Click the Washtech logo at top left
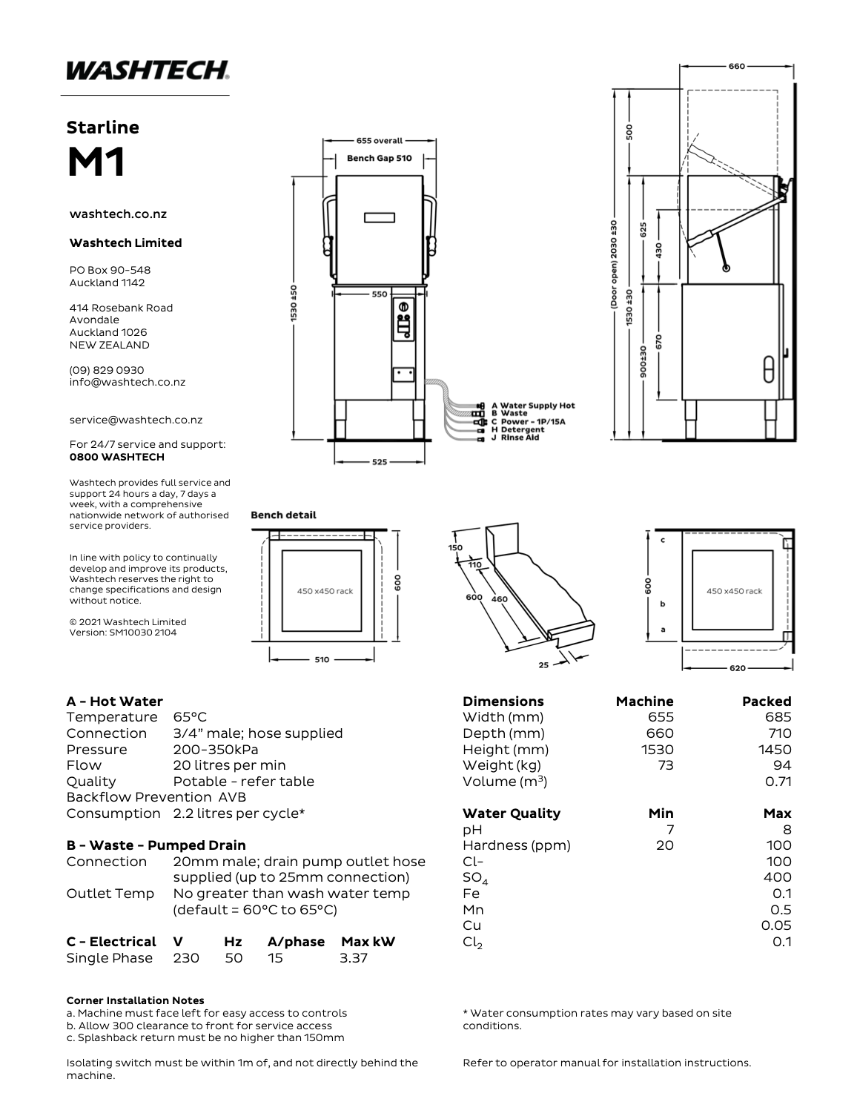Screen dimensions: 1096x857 147,70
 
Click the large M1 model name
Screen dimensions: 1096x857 96,162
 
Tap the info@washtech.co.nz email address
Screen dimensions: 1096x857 128,382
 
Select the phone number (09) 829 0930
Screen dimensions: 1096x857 107,369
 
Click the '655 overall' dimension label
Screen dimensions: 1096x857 380,140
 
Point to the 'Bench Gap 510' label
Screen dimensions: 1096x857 380,158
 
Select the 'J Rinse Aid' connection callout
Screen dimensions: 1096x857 519,438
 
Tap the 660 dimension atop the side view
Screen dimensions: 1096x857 736,66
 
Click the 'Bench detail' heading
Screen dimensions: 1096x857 283,515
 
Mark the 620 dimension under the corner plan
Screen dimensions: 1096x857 738,668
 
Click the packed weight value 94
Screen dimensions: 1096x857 781,765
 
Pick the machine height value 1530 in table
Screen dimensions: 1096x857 658,749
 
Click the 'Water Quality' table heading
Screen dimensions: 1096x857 512,813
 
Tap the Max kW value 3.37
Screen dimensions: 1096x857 354,957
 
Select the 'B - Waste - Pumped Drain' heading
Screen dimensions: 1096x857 156,845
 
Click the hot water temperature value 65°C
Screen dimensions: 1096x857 190,717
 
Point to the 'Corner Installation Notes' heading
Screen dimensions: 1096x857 135,1000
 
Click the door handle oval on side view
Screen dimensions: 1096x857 769,369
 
